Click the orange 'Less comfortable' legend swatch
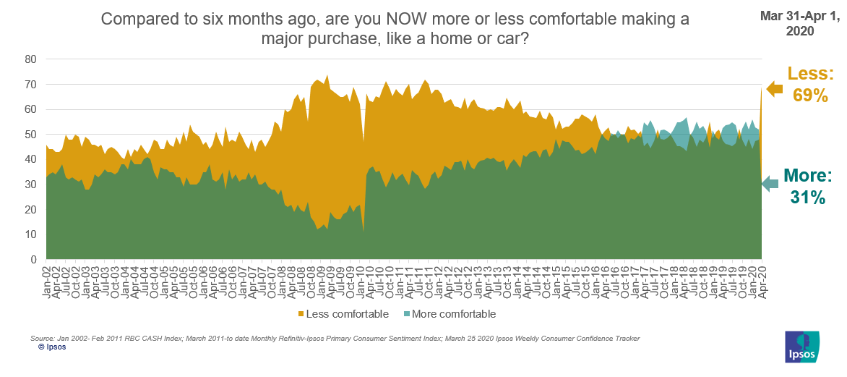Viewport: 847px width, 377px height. tap(300, 314)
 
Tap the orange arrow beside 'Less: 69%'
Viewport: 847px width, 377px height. tap(774, 89)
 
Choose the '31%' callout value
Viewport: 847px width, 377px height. tap(808, 197)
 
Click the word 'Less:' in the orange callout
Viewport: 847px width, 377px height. tap(810, 73)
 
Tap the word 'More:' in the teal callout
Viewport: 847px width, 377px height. tap(808, 176)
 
